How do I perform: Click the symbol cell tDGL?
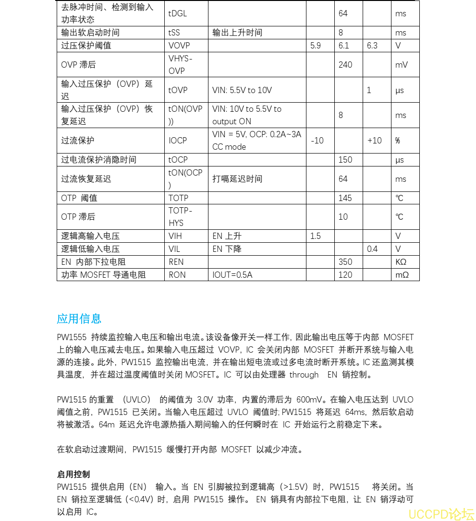pos(177,13)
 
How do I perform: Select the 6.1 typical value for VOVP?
pos(343,46)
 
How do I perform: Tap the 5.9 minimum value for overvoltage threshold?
pos(316,46)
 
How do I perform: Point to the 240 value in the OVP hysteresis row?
pos(345,65)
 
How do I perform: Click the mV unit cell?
pos(401,65)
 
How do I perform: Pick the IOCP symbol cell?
pos(178,141)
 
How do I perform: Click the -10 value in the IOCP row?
pos(317,141)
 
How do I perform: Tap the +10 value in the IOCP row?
pos(374,141)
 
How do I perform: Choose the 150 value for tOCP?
pos(345,160)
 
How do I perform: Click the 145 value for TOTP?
pos(345,198)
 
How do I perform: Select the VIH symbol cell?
pos(175,236)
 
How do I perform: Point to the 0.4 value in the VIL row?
pos(372,249)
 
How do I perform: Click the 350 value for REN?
pos(345,262)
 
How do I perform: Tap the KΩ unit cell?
pos(401,262)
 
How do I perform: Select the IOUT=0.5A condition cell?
pos(232,275)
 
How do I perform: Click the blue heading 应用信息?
pos(79,319)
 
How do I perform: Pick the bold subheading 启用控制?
pos(73,474)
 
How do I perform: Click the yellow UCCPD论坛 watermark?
pos(441,514)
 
